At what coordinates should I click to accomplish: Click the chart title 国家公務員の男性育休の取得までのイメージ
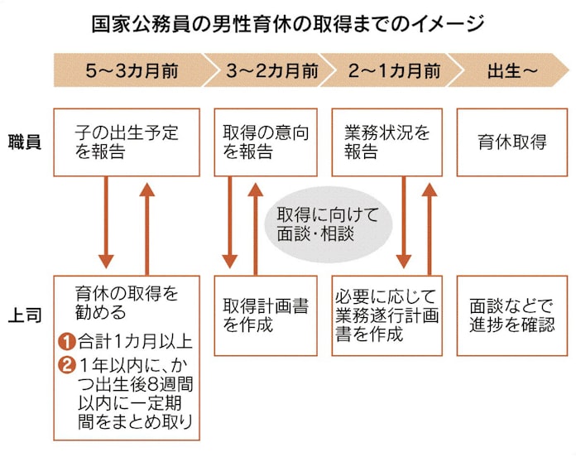(287, 22)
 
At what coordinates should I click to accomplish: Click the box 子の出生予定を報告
(127, 142)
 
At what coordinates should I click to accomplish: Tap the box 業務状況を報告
(386, 142)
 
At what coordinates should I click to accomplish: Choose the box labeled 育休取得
(511, 142)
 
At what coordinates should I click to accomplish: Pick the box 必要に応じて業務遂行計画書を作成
(386, 315)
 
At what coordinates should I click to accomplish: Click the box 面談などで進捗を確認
(511, 315)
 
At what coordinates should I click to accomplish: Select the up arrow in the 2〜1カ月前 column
(429, 225)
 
